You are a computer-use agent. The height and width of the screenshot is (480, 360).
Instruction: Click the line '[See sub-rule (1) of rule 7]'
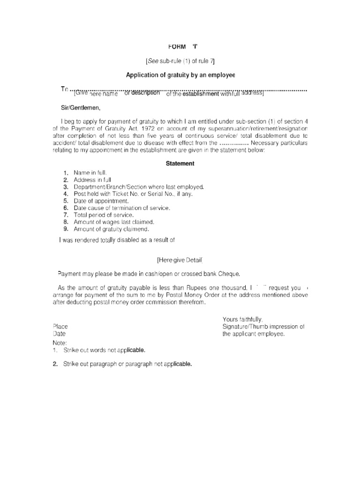(180, 61)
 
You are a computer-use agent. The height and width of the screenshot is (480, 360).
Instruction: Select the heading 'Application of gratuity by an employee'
(180, 75)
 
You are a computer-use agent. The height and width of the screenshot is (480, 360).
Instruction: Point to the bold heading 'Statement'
(180, 164)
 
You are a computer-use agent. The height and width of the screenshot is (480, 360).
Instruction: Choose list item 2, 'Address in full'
(92, 180)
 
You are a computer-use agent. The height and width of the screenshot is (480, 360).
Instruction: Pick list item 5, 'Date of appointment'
(101, 201)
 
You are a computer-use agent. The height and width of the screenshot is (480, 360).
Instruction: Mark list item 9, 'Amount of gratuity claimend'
(111, 229)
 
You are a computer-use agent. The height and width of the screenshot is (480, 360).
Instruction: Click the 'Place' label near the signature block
(60, 326)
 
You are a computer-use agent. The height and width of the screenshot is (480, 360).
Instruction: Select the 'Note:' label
(60, 343)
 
